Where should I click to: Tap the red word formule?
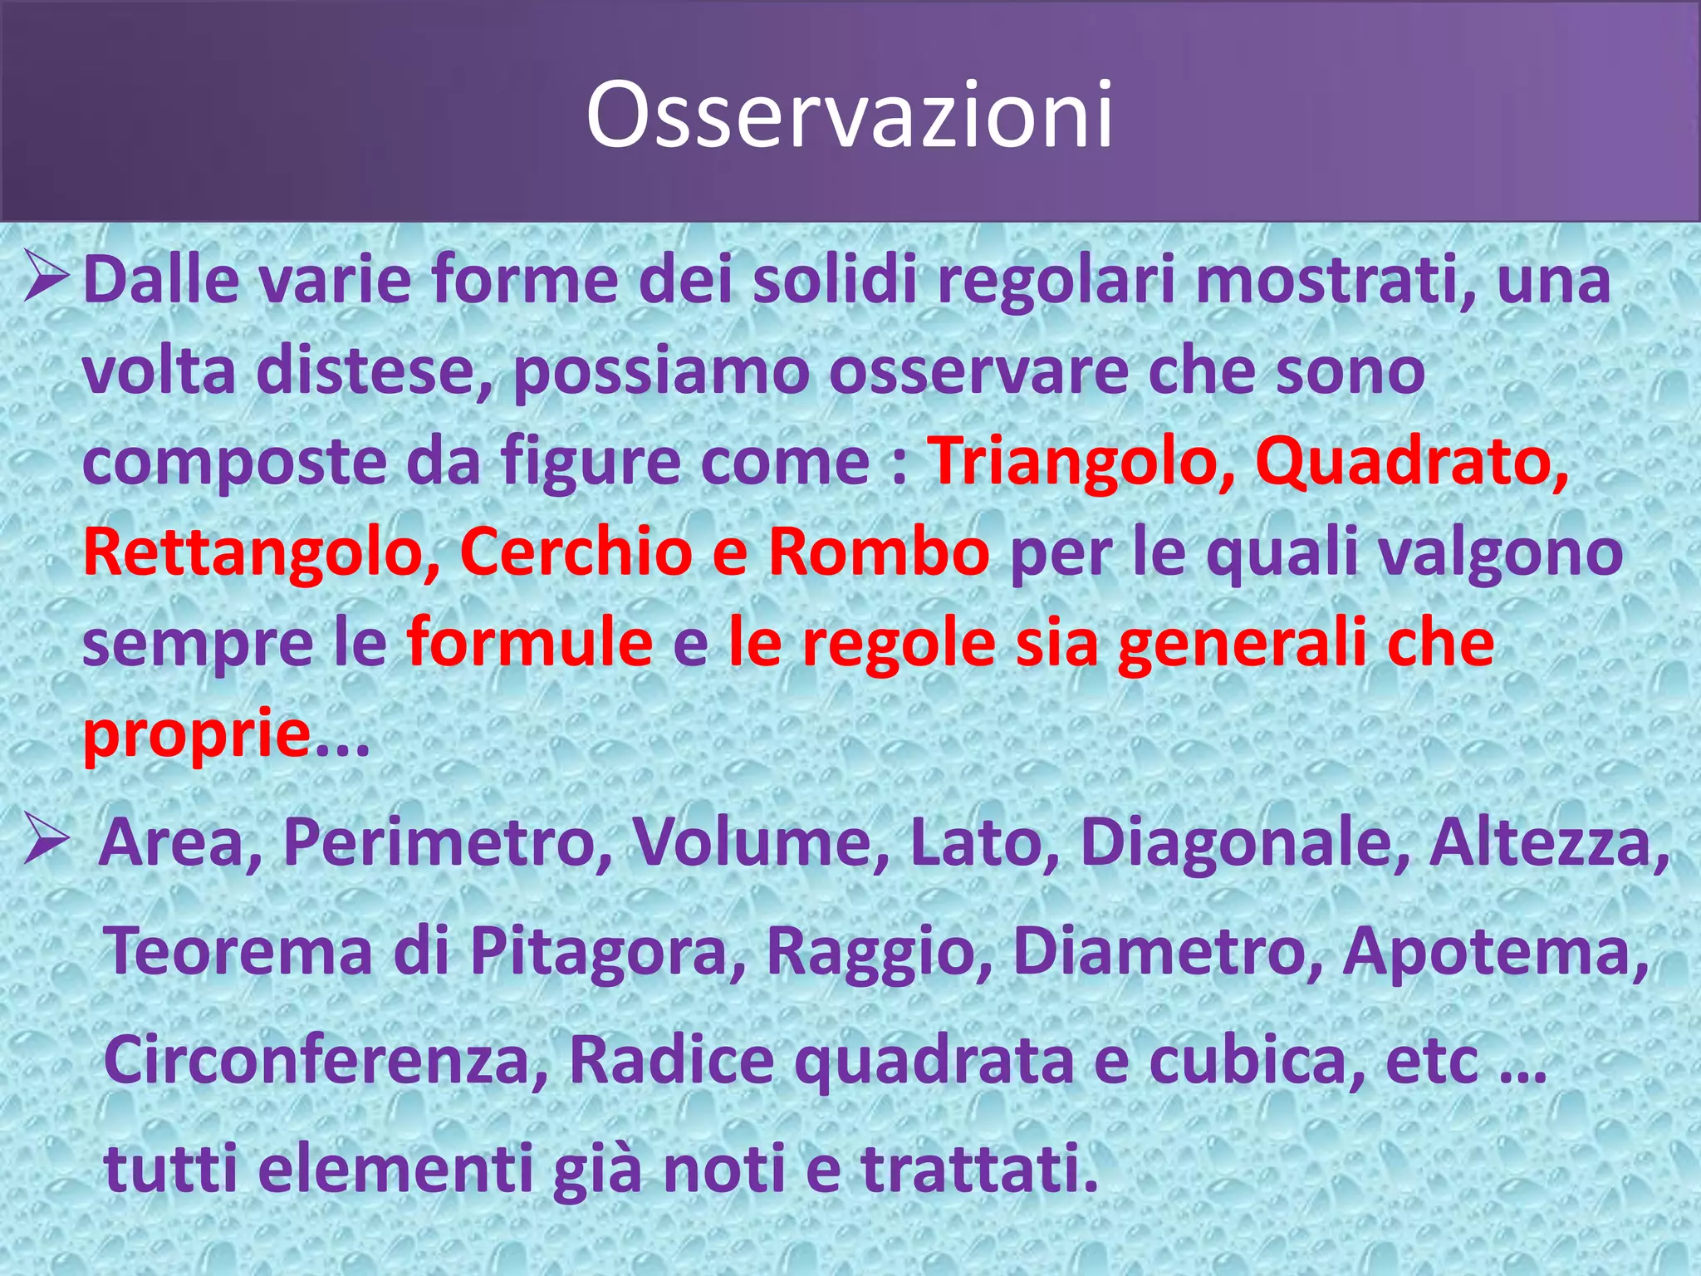(x=530, y=644)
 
